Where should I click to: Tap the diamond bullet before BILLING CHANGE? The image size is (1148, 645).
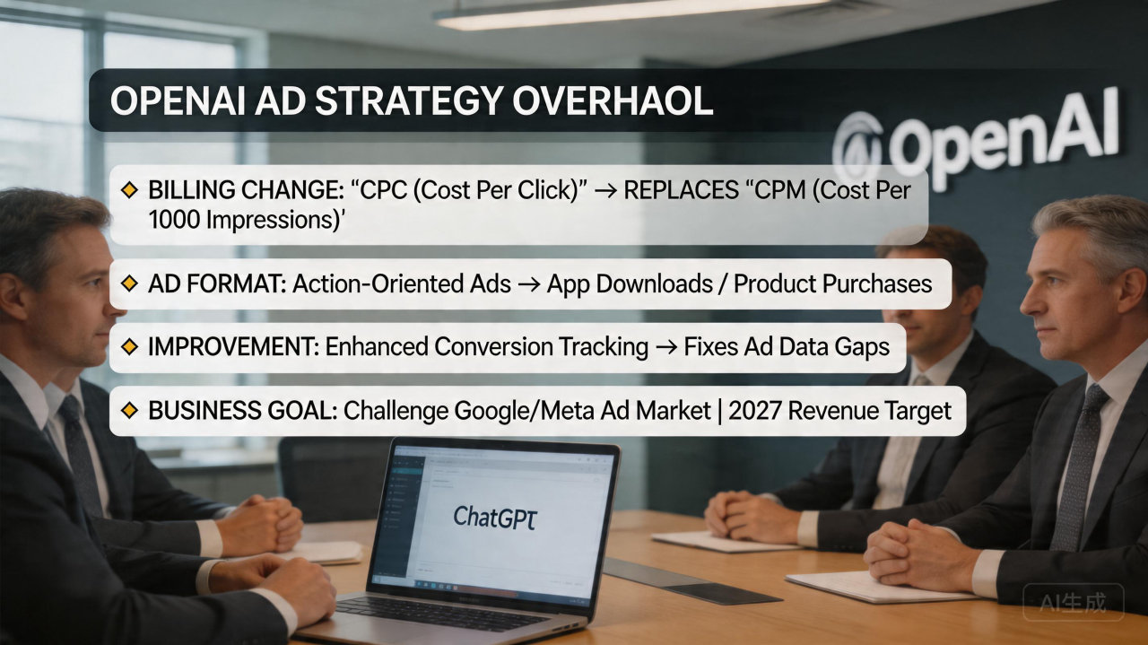[x=129, y=190]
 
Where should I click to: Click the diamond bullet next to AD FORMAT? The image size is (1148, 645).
[x=129, y=284]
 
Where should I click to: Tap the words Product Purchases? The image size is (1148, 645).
[x=833, y=284]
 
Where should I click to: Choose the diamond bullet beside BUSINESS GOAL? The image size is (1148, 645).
[x=129, y=411]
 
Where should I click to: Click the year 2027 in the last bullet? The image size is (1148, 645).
[x=758, y=411]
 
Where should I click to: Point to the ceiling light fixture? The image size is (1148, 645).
[x=628, y=13]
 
